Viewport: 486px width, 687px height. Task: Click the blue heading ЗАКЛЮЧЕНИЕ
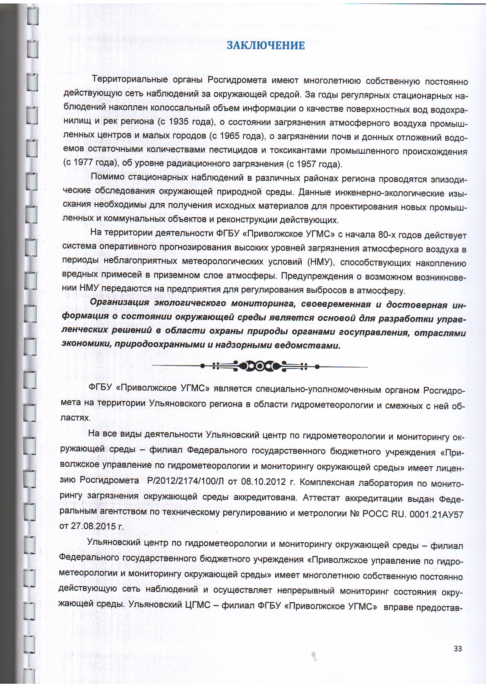click(x=266, y=45)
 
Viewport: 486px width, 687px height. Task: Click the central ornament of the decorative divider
click(x=260, y=366)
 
